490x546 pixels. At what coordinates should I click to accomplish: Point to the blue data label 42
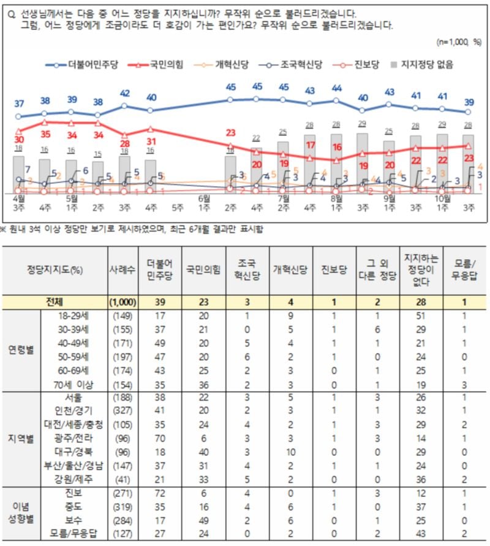coord(124,94)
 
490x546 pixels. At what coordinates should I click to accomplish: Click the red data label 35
coord(45,134)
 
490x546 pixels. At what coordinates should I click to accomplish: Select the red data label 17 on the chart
coord(310,145)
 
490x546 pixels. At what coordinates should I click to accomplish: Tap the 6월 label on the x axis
coord(204,199)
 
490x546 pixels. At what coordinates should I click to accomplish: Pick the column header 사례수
coord(122,270)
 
